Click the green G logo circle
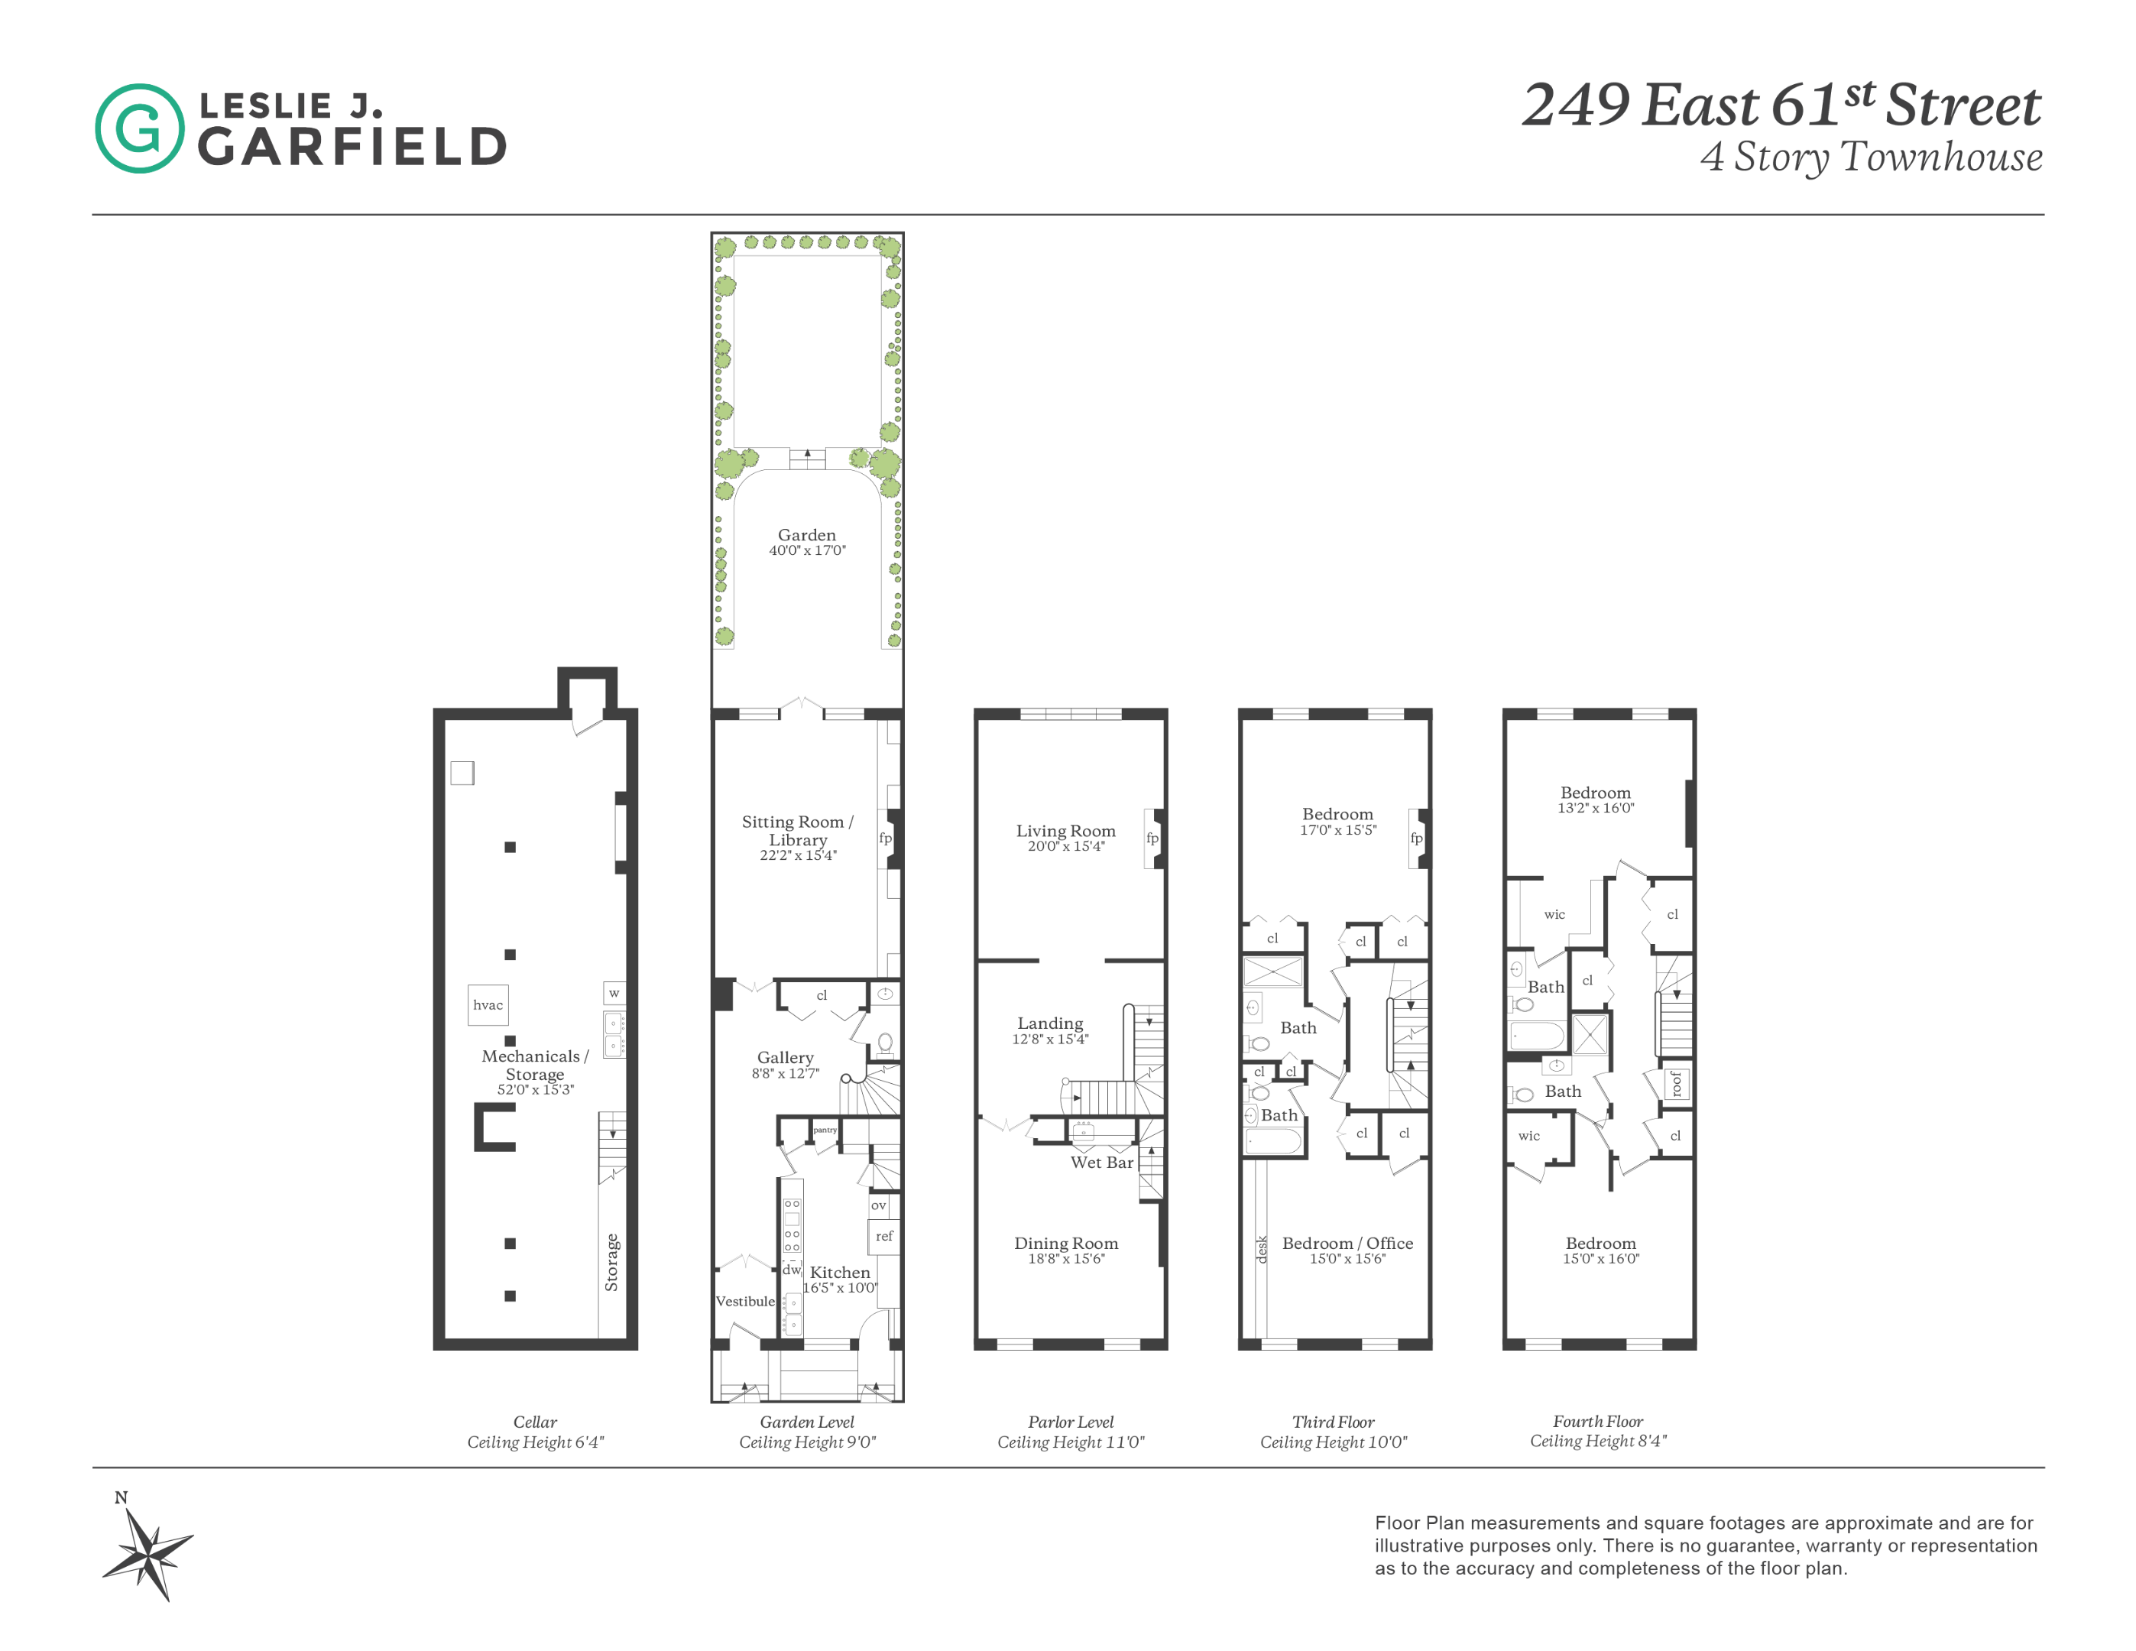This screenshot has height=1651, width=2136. tap(139, 128)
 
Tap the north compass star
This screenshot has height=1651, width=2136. tap(149, 1552)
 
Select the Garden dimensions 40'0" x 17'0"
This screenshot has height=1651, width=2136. tap(807, 550)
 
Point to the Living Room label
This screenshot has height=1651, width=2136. tap(1065, 830)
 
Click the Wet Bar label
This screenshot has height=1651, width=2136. tap(1101, 1162)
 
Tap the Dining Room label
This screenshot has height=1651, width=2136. tap(1065, 1243)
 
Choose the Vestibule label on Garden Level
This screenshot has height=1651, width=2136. tap(745, 1301)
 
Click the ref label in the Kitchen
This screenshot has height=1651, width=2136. tap(884, 1236)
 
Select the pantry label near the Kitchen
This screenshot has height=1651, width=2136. tap(825, 1130)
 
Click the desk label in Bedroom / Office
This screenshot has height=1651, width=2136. tap(1262, 1249)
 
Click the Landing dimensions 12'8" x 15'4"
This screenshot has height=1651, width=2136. tap(1049, 1040)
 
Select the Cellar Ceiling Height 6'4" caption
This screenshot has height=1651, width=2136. tap(535, 1442)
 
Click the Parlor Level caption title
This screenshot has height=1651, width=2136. tap(1070, 1421)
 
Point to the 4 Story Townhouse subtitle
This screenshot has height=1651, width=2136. tap(1871, 157)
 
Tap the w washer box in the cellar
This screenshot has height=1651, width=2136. tap(614, 993)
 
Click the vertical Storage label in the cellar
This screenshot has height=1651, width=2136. tap(612, 1262)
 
